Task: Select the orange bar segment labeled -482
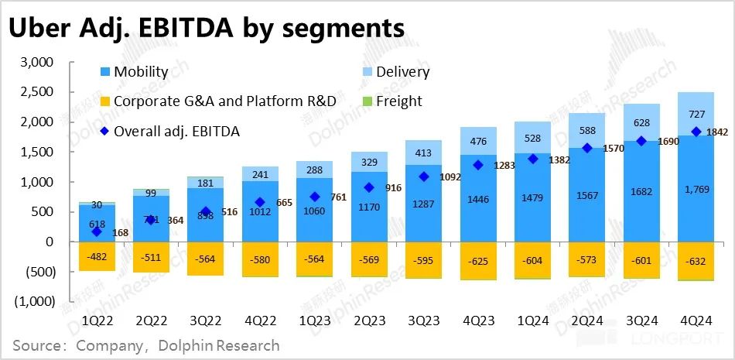tap(96, 256)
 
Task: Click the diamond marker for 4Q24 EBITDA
tap(696, 132)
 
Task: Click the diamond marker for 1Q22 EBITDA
tap(97, 232)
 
